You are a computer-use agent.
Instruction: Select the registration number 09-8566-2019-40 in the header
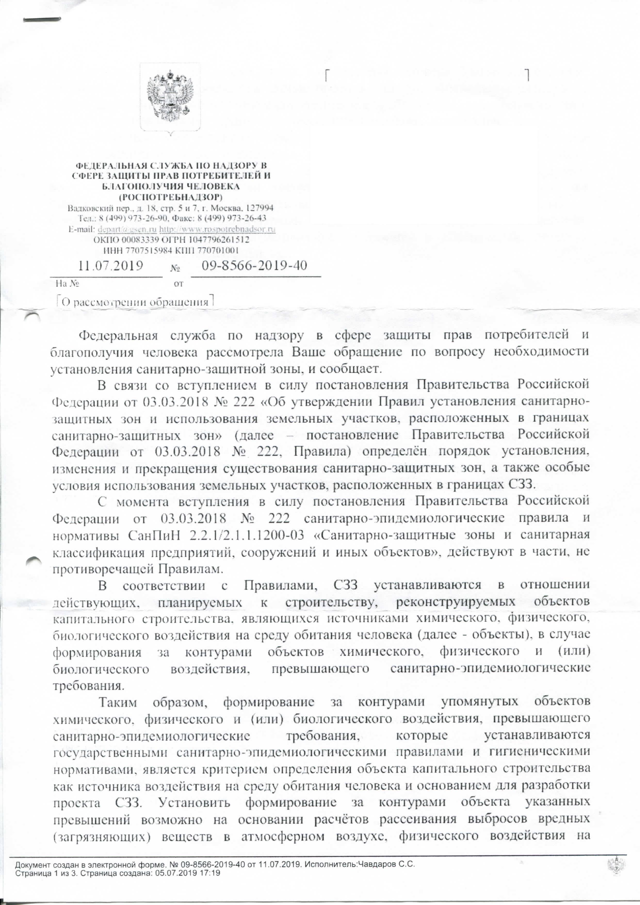254,265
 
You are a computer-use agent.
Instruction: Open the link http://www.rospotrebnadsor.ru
217,229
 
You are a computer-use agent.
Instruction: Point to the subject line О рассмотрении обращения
134,302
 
